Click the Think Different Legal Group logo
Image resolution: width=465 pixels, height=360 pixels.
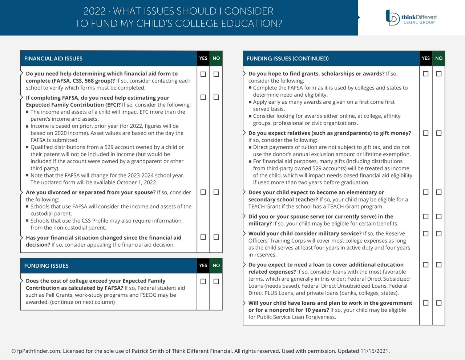[411, 17]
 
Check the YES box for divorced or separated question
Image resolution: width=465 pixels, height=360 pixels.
[203, 192]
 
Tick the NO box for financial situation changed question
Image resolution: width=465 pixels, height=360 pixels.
[216, 237]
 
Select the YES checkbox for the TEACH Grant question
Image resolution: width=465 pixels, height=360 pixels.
[426, 192]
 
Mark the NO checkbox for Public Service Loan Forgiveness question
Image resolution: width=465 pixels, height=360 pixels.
[439, 303]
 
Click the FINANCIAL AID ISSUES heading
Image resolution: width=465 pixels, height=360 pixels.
[53, 59]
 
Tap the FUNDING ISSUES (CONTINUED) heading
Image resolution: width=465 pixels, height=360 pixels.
[288, 59]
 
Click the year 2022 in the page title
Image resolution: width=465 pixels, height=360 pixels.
[94, 11]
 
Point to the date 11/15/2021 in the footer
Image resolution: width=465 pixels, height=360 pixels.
[375, 351]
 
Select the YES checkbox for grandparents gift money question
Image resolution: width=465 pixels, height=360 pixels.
[426, 133]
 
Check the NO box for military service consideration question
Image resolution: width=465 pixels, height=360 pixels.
[439, 233]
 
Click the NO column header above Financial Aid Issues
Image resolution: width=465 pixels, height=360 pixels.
[216, 58]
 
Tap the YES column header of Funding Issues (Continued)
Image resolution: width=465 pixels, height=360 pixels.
[426, 58]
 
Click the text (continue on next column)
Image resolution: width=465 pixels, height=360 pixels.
[82, 302]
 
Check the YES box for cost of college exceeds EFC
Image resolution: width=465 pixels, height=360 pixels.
[203, 281]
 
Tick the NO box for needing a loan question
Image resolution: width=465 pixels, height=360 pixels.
[439, 265]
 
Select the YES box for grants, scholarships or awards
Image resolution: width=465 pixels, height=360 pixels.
[426, 74]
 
